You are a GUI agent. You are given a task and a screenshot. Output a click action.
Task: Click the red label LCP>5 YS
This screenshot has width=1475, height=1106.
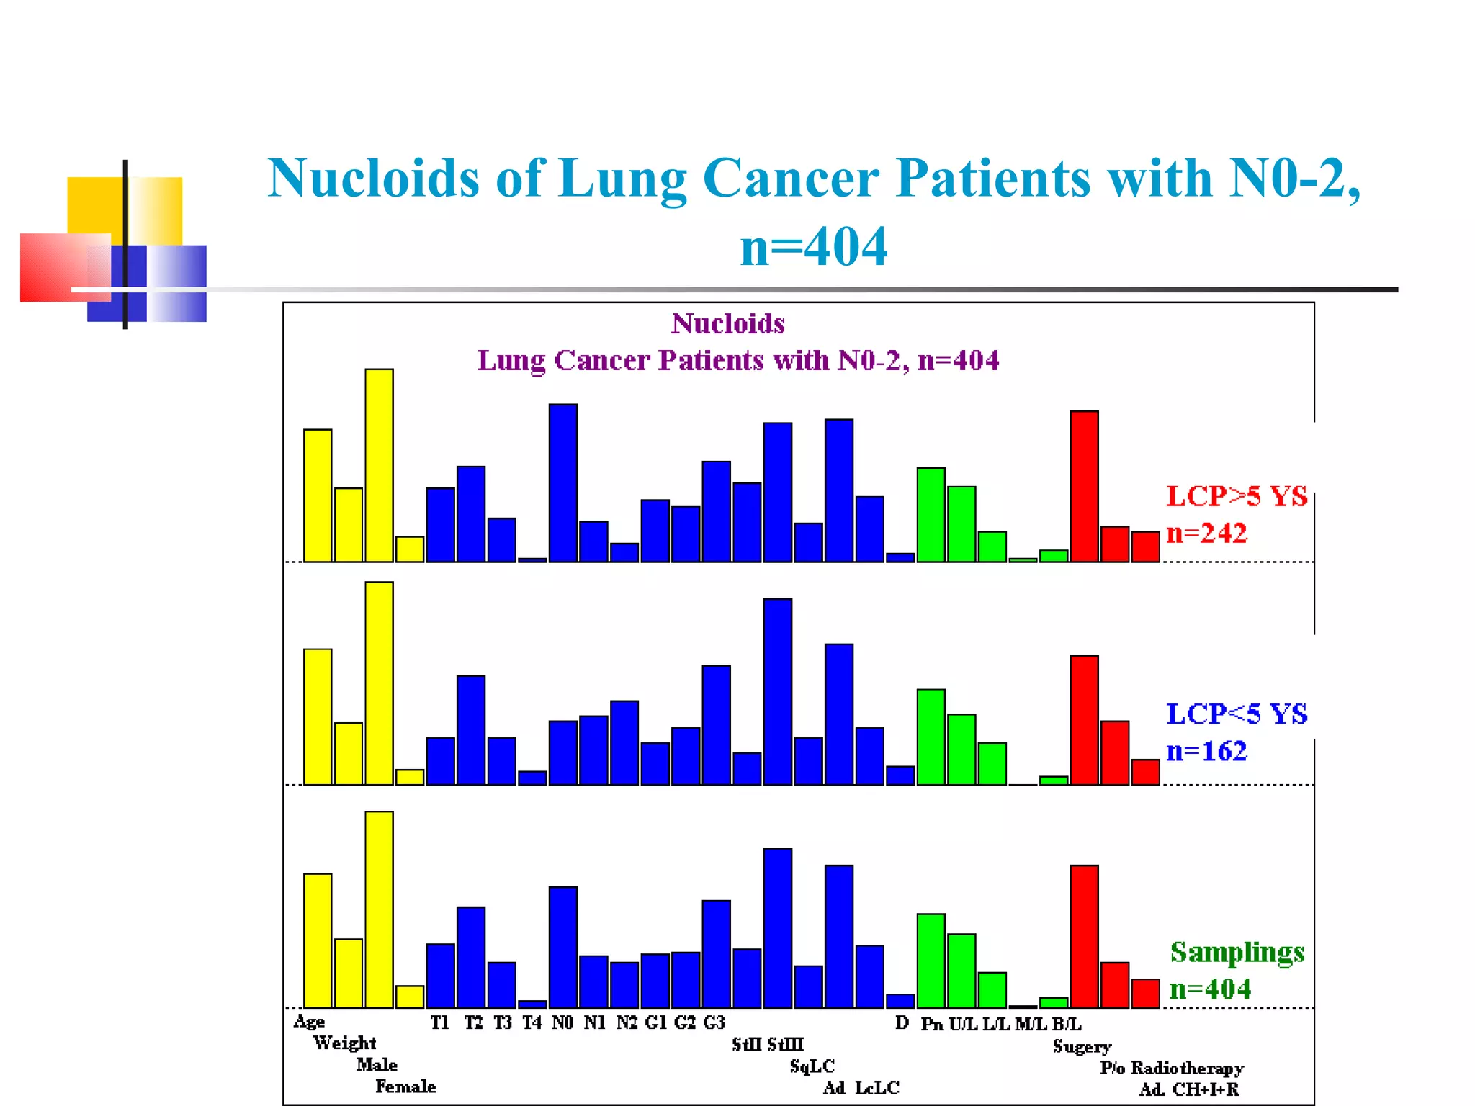point(1236,497)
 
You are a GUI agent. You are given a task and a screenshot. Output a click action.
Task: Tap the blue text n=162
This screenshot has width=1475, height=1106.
point(1206,751)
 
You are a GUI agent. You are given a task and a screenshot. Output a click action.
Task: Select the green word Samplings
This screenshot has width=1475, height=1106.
point(1237,953)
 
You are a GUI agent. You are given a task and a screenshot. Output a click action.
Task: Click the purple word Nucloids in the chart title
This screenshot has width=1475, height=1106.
point(727,324)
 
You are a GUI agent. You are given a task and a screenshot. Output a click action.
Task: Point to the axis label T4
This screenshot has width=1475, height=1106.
point(532,1022)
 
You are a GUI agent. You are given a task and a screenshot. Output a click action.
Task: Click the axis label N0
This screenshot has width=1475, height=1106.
point(562,1022)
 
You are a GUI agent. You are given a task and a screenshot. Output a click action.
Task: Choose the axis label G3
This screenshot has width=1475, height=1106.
point(713,1022)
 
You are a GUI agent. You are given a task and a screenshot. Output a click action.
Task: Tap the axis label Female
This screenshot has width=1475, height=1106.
point(405,1087)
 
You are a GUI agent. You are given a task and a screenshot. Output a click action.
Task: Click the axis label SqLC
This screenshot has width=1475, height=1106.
point(812,1066)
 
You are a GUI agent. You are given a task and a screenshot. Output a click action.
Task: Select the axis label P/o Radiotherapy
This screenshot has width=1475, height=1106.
point(1172,1068)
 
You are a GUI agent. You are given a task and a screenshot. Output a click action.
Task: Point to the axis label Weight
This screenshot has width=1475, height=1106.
point(344,1043)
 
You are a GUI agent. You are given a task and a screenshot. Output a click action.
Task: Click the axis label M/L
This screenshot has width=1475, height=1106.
point(1030,1024)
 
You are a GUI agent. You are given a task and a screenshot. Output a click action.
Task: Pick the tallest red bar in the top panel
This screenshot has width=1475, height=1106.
point(1084,486)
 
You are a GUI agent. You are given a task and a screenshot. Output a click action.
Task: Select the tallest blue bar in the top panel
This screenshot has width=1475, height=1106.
point(562,482)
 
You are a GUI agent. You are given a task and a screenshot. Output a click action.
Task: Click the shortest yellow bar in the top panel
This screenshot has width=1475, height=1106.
point(410,549)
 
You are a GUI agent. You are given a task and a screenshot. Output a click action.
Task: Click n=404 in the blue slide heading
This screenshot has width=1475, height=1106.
point(814,247)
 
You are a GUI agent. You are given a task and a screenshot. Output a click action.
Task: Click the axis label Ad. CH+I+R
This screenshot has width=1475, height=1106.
point(1189,1089)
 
